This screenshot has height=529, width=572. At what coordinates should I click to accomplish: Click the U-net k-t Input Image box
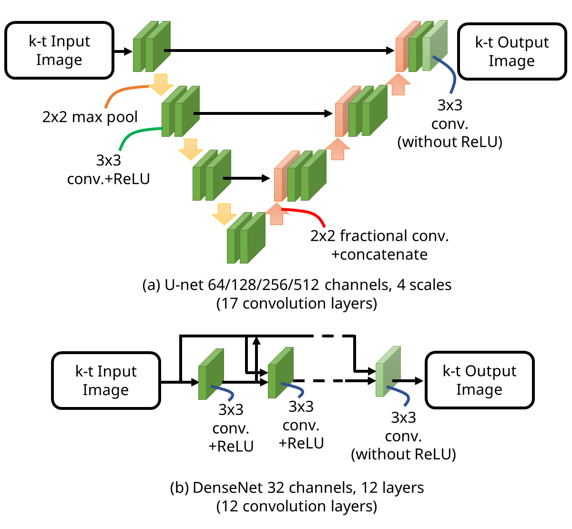click(59, 50)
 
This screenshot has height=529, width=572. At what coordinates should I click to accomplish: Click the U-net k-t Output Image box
click(512, 51)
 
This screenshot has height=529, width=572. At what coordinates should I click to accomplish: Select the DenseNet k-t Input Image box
click(106, 380)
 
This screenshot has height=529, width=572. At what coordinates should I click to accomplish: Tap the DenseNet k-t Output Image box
click(480, 380)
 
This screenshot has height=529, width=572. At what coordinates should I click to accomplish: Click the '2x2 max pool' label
click(90, 117)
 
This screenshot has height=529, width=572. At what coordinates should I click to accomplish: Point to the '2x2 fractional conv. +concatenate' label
click(379, 245)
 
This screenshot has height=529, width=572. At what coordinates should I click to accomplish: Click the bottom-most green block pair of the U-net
click(245, 238)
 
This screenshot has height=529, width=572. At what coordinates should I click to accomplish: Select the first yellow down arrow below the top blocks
click(160, 84)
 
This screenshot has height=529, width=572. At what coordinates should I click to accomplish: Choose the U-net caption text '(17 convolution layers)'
click(296, 304)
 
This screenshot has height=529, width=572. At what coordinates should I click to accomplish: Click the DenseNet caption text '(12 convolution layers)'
click(296, 506)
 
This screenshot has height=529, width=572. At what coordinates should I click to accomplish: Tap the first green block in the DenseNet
click(210, 375)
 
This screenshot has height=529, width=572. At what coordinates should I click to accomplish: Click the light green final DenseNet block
click(388, 372)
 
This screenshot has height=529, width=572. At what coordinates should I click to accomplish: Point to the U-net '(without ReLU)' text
click(449, 142)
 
